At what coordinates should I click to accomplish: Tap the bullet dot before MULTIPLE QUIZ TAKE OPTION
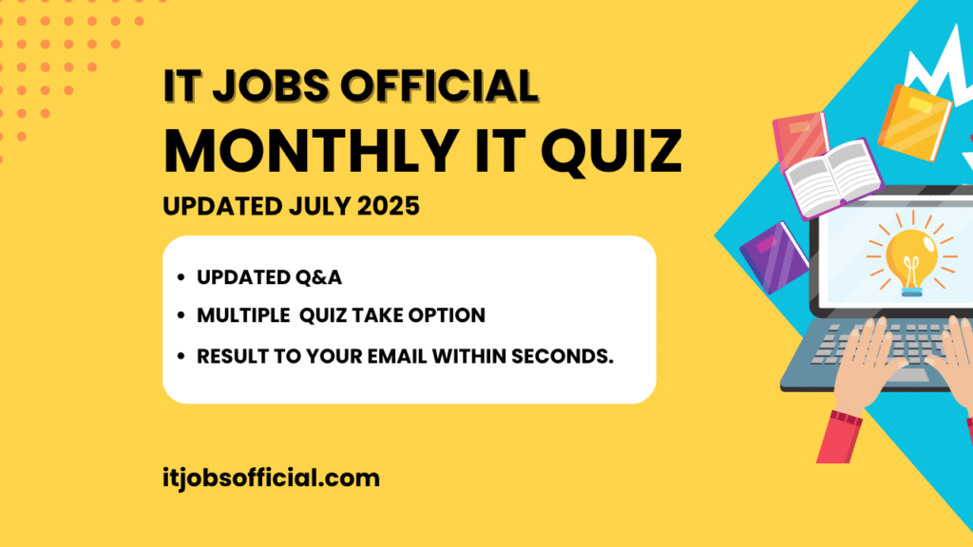pos(181,317)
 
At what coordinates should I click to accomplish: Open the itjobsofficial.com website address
pos(271,477)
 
